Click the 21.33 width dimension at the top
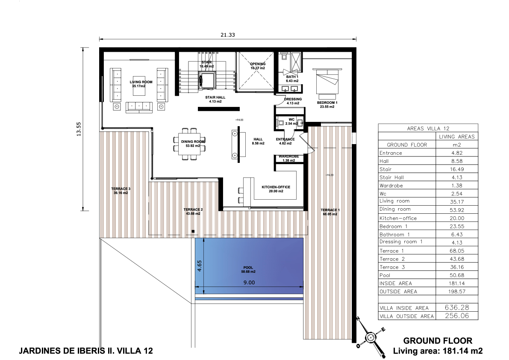[x=227, y=35]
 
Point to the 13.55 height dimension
[x=79, y=129]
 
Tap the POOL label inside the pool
[x=248, y=268]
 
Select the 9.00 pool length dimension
[x=249, y=283]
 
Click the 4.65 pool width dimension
[x=199, y=266]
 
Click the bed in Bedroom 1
[x=327, y=83]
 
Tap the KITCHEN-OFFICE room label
[x=276, y=187]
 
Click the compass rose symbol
[x=370, y=338]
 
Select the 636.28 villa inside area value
[x=457, y=307]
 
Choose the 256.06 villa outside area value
[x=457, y=316]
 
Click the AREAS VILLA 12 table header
[x=428, y=128]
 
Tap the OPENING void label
[x=258, y=64]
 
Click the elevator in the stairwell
[x=207, y=80]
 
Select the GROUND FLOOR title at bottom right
[x=438, y=340]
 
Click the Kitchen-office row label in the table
[x=398, y=218]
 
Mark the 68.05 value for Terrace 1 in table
[x=457, y=251]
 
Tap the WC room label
[x=291, y=119]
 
